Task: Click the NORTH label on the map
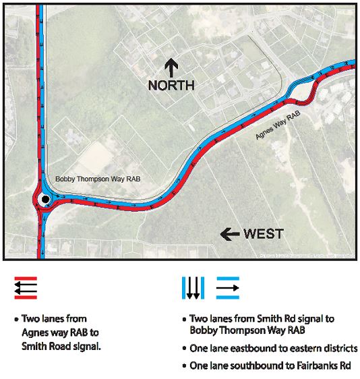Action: tap(171, 86)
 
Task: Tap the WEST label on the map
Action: tap(263, 234)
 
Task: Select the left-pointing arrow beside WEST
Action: tap(230, 234)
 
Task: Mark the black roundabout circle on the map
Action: tap(44, 200)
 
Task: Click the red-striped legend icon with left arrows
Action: tap(26, 288)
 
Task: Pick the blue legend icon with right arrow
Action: tap(227, 288)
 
